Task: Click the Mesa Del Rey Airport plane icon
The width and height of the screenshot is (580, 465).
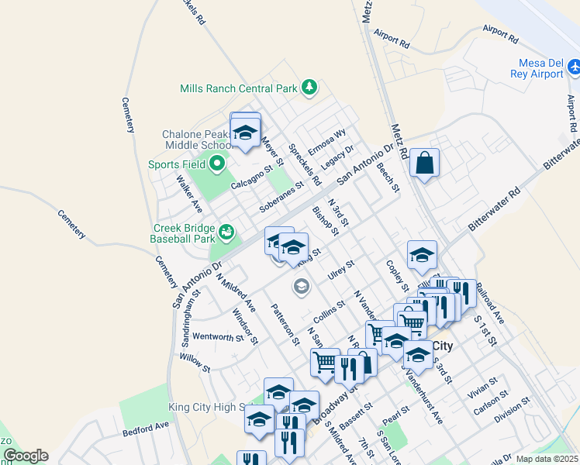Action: (x=574, y=68)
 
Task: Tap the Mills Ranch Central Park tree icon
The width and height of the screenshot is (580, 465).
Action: (x=309, y=87)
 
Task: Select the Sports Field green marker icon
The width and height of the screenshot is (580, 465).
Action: (x=216, y=164)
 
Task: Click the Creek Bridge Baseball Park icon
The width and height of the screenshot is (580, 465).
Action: (x=226, y=232)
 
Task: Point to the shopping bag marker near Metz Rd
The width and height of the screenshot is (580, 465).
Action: (x=424, y=164)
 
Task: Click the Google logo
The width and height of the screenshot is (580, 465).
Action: (x=26, y=456)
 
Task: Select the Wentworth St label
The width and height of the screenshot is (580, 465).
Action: (x=218, y=337)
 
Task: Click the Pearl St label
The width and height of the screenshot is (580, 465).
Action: (x=395, y=416)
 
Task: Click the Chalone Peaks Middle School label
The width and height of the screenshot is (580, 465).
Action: (x=197, y=139)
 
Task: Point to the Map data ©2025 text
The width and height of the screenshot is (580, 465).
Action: (x=547, y=459)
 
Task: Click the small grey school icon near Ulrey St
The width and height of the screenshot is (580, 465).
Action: (x=301, y=288)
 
